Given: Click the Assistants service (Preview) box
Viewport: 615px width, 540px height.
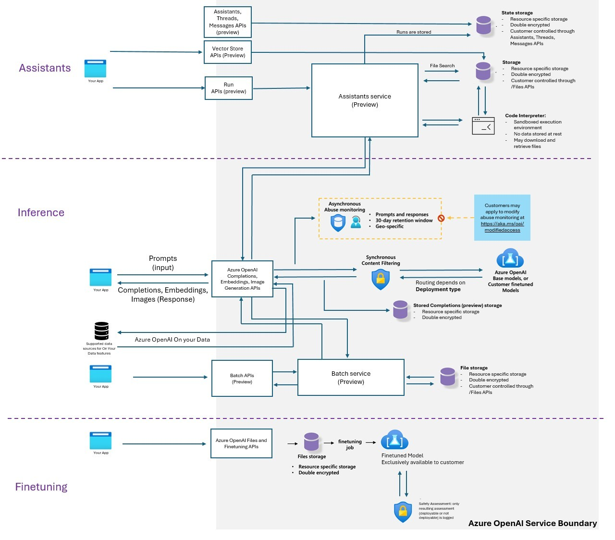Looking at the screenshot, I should point(365,100).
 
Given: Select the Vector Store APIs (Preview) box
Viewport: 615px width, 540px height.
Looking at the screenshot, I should point(228,52).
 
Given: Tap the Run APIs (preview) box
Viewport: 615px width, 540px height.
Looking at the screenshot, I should point(229,88).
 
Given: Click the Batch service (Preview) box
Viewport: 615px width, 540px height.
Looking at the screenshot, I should point(351,378).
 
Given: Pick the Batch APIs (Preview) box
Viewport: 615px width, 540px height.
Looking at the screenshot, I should point(242,379).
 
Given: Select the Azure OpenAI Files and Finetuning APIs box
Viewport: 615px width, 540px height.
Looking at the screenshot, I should point(241,443).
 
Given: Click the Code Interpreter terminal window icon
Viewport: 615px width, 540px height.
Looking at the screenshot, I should point(483,126).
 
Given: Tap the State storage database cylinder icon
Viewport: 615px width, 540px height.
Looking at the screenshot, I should point(484,25).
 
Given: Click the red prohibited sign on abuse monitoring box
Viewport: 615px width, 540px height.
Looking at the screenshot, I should point(441,218).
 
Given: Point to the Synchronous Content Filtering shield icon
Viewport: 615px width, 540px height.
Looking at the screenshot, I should point(381,279).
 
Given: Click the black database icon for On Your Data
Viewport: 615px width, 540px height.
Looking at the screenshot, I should point(101,331).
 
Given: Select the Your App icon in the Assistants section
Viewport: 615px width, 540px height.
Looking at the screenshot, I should point(95,68).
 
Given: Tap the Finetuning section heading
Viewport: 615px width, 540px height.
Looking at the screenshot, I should point(41,487).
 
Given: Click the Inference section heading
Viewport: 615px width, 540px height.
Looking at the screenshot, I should point(41,212).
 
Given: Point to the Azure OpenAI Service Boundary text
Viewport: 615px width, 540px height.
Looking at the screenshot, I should point(532,523).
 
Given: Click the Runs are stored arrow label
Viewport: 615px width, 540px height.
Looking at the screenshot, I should point(414,32).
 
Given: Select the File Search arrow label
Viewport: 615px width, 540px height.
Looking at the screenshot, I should point(442,66).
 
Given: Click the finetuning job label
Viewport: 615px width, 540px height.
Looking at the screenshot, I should point(350,444).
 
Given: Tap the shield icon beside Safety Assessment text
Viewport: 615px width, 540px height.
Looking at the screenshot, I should point(403,512).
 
